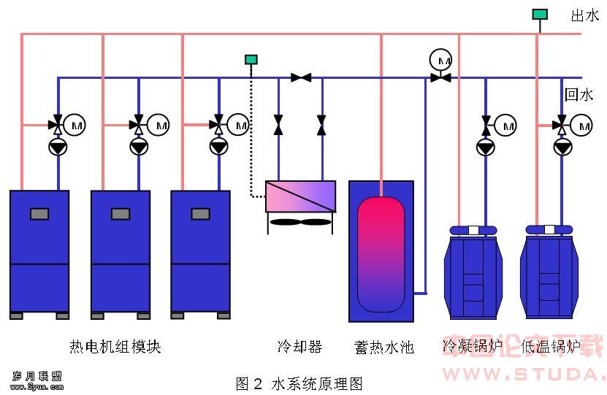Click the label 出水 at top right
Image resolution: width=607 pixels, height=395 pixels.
(x=584, y=15)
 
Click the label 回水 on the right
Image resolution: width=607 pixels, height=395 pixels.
(x=579, y=94)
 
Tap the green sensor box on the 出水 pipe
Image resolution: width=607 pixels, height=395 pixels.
(x=540, y=14)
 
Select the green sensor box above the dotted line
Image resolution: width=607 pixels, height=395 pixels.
(x=251, y=59)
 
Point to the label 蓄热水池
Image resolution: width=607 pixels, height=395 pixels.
(x=383, y=346)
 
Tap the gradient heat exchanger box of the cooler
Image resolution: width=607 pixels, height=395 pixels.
(x=300, y=196)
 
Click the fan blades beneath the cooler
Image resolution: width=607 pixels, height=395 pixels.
(x=300, y=222)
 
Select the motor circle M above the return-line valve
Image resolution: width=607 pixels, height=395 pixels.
(x=440, y=58)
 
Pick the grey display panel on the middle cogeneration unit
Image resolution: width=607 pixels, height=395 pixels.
(x=121, y=214)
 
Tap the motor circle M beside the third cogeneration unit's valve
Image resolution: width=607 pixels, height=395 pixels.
(x=238, y=126)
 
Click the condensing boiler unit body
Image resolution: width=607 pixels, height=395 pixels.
(x=473, y=274)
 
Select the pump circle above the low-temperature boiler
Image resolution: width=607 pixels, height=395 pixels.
(x=562, y=147)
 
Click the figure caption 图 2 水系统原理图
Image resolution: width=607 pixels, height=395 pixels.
(x=299, y=383)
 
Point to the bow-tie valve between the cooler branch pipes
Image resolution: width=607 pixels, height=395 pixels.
(x=301, y=77)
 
